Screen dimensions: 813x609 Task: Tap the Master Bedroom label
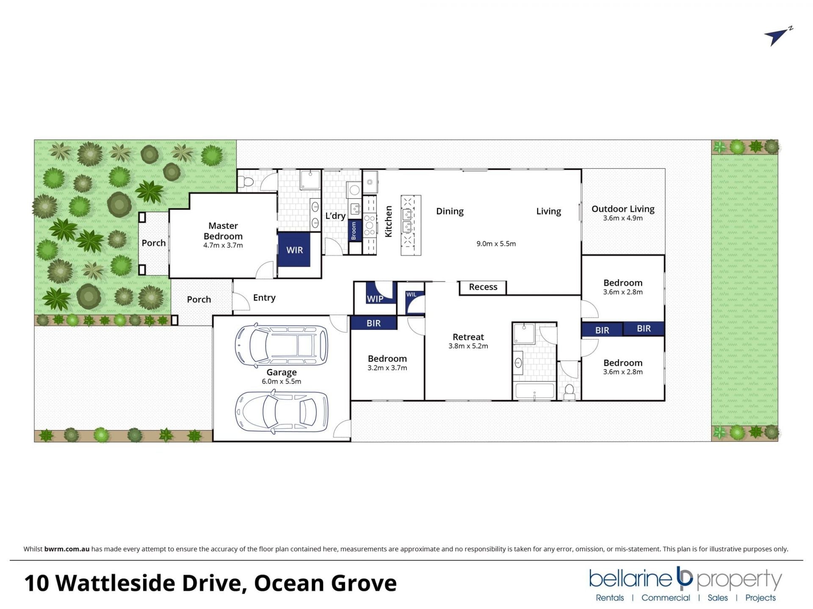click(223, 231)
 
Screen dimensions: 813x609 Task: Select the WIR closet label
click(295, 250)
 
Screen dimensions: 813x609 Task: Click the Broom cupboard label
click(354, 230)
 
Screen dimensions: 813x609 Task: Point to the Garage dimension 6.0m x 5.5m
click(282, 381)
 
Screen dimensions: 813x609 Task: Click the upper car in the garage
click(282, 345)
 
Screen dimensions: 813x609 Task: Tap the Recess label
click(483, 287)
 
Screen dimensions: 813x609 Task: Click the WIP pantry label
click(375, 299)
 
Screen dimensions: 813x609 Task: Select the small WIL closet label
click(411, 294)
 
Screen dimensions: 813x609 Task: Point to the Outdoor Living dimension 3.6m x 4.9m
click(623, 218)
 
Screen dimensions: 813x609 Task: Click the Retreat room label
click(468, 337)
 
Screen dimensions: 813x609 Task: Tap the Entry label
click(264, 298)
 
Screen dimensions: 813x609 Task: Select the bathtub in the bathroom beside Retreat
click(534, 391)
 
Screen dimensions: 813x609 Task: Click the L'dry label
click(335, 216)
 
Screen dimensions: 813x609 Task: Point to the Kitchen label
click(388, 222)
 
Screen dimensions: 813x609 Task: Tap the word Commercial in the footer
click(666, 598)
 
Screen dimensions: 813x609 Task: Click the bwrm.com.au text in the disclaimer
click(67, 549)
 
